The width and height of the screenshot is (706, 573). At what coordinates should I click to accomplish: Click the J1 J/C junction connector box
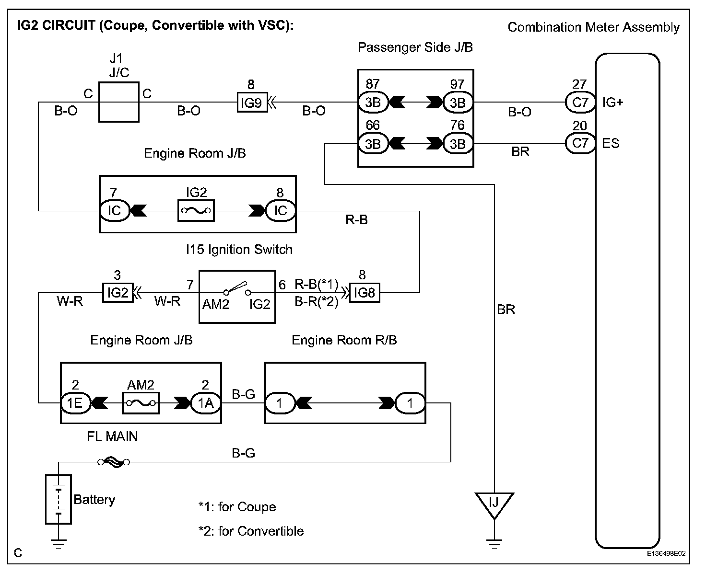(x=118, y=102)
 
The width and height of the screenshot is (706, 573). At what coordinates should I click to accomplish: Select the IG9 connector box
(x=252, y=102)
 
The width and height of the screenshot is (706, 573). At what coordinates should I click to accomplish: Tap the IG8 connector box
(x=364, y=292)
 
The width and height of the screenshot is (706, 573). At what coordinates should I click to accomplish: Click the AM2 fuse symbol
(x=141, y=403)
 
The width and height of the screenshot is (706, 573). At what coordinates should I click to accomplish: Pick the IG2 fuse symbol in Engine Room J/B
(x=196, y=211)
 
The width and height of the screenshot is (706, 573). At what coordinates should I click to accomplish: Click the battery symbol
(x=59, y=499)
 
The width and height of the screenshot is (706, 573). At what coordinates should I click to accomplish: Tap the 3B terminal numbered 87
(x=373, y=102)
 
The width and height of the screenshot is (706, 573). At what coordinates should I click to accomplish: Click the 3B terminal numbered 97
(x=458, y=102)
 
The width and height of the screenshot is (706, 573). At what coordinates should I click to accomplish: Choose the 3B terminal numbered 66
(x=373, y=144)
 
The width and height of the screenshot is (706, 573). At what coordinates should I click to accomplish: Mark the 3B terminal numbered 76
(x=458, y=144)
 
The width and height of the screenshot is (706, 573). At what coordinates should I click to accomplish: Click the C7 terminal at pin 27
(x=580, y=102)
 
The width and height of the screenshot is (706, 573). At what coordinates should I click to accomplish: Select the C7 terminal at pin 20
(x=580, y=143)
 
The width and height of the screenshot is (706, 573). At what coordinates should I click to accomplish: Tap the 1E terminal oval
(x=75, y=403)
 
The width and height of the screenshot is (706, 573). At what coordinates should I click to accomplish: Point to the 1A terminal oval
(x=206, y=403)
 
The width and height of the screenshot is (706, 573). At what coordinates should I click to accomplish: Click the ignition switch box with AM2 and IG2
(x=237, y=297)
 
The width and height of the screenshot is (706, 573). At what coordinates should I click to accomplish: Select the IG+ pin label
(x=612, y=102)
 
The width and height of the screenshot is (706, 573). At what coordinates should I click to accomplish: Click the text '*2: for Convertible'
(x=251, y=531)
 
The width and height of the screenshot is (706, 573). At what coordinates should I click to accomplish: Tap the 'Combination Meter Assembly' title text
(x=593, y=27)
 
